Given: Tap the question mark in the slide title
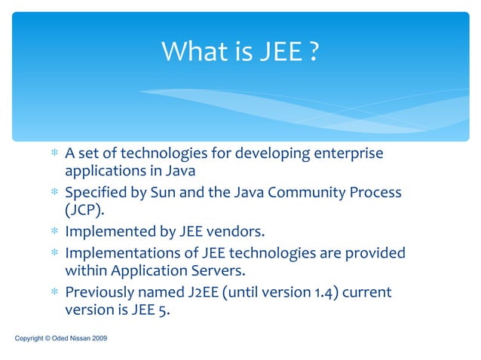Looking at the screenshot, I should pyautogui.click(x=313, y=52).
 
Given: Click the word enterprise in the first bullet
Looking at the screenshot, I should pyautogui.click(x=348, y=154).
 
